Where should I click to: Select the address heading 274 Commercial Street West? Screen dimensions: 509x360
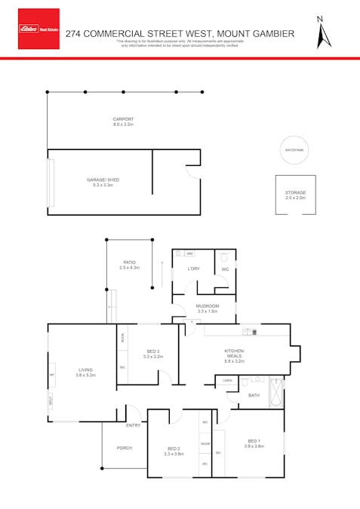coord(180,33)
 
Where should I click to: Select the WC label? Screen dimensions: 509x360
coord(225,269)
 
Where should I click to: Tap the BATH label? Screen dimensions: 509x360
coord(254,395)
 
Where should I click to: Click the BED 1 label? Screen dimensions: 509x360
coord(254,443)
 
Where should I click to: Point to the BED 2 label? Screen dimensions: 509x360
coord(174,451)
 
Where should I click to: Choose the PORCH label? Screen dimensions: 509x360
coord(125,448)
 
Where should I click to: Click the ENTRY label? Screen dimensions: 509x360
coord(133,426)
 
